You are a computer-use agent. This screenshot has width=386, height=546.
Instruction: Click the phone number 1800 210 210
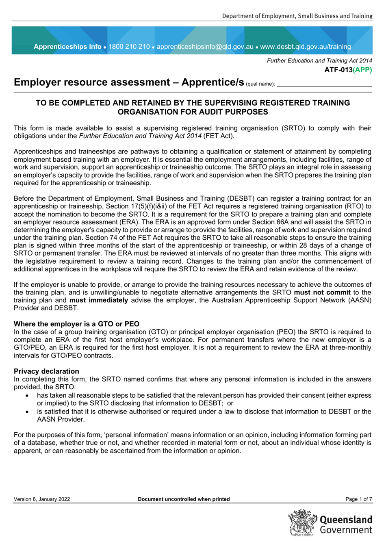(x=129, y=47)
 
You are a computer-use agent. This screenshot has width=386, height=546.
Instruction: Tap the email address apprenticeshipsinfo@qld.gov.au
(x=205, y=47)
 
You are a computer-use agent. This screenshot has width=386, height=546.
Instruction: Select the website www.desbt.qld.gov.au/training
(x=306, y=47)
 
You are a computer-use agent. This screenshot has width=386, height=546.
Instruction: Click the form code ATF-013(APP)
(x=348, y=70)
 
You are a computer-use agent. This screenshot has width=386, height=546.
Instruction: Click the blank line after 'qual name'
(x=324, y=84)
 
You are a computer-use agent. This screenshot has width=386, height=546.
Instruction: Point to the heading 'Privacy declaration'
(x=46, y=371)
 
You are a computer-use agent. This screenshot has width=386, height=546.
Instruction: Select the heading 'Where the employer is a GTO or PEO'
(x=76, y=324)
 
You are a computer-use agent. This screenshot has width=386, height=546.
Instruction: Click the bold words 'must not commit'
(x=322, y=292)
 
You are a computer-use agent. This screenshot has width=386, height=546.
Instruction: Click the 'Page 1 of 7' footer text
(x=358, y=499)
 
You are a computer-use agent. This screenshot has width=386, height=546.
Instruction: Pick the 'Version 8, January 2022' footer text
(x=42, y=499)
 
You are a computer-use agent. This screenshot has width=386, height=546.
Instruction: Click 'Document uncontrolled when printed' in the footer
(x=184, y=499)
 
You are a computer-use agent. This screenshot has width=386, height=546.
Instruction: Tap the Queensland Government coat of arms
(x=303, y=523)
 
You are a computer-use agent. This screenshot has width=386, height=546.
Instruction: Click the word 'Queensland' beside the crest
(x=346, y=520)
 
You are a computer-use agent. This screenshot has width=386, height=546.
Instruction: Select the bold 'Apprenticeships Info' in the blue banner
(x=67, y=47)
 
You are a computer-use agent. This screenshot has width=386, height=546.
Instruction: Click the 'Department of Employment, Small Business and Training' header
(x=297, y=16)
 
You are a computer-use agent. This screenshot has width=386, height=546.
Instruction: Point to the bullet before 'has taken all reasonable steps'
(x=27, y=395)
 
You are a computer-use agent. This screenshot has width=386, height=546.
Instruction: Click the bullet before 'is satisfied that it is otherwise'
(x=27, y=412)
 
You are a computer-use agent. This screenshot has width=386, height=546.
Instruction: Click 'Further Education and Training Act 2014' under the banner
(x=319, y=61)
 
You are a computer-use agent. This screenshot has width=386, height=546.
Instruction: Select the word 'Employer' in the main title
(x=36, y=82)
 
